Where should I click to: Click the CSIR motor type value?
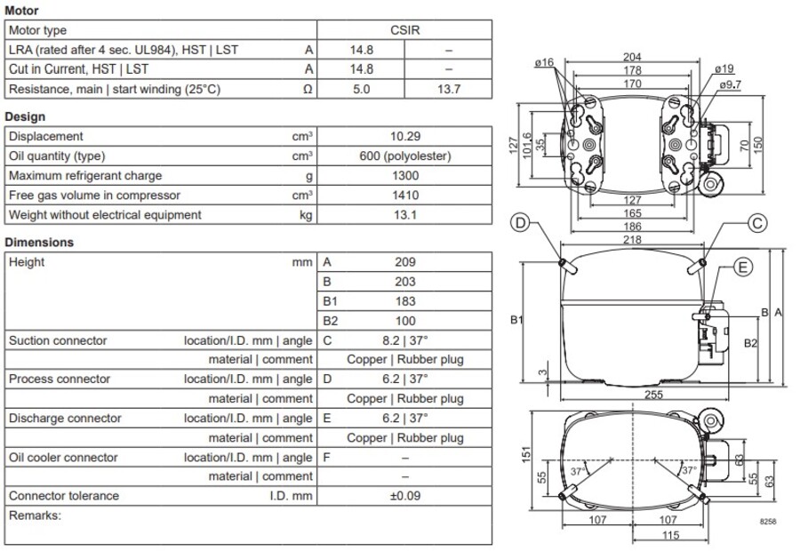point(404,30)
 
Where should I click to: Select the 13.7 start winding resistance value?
point(448,89)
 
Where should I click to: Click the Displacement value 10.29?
point(404,137)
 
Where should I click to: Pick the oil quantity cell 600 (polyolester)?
point(404,156)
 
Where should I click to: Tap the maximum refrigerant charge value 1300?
point(404,176)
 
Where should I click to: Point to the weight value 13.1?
point(404,215)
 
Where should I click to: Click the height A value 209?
point(404,262)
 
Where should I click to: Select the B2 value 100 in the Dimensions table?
point(404,321)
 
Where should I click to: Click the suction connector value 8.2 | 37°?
point(404,340)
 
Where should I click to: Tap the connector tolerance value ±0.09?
point(404,496)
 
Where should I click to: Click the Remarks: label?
point(34,515)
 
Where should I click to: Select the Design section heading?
point(25,116)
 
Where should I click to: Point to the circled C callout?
point(756,223)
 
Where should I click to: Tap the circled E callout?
point(743,267)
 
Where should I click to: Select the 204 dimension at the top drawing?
point(634,58)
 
